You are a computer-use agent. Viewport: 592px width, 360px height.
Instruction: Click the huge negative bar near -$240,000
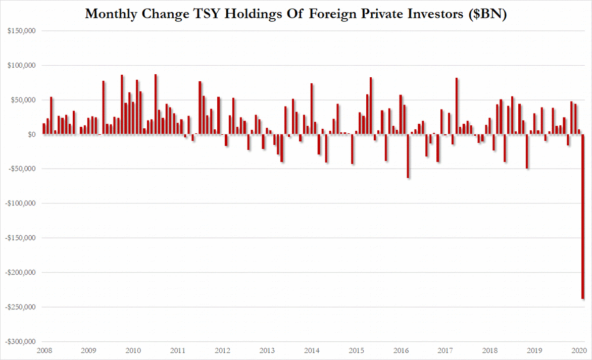pyautogui.click(x=583, y=217)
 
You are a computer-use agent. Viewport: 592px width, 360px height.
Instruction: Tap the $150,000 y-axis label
pyautogui.click(x=22, y=31)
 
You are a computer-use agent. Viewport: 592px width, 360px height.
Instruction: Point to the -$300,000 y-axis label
pyautogui.click(x=20, y=341)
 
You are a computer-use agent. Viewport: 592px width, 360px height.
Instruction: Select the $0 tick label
pyautogui.click(x=31, y=135)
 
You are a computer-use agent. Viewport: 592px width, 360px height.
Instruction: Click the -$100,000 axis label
pyautogui.click(x=20, y=203)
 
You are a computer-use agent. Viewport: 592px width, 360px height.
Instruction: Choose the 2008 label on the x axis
pyautogui.click(x=44, y=350)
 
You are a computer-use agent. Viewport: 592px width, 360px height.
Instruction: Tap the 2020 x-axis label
pyautogui.click(x=579, y=350)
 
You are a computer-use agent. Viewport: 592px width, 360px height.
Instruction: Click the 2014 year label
pyautogui.click(x=312, y=350)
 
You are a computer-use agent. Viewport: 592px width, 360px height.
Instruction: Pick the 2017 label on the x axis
pyautogui.click(x=446, y=350)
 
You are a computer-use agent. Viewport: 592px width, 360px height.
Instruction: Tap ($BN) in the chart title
pyautogui.click(x=487, y=14)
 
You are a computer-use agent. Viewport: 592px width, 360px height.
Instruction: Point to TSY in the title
pyautogui.click(x=207, y=14)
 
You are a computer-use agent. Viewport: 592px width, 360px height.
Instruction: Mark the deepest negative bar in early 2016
pyautogui.click(x=408, y=156)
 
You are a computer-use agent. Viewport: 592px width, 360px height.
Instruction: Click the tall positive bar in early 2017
pyautogui.click(x=457, y=106)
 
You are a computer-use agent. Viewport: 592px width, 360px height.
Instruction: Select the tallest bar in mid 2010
pyautogui.click(x=156, y=105)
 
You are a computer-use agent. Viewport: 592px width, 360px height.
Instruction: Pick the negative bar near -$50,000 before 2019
pyautogui.click(x=527, y=151)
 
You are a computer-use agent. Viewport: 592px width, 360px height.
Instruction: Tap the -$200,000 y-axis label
pyautogui.click(x=20, y=273)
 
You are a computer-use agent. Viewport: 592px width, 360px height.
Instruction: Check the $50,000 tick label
pyautogui.click(x=23, y=100)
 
